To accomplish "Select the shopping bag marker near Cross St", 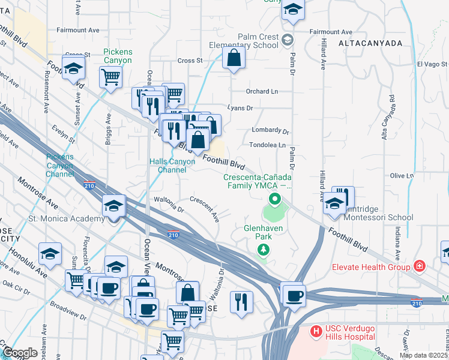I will [234, 59].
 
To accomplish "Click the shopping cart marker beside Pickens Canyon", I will [110, 77].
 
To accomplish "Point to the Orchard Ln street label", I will [262, 92].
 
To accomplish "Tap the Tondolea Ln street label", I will [267, 145].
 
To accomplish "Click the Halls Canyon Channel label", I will [172, 166].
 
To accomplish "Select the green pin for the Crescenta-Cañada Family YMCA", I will [275, 199].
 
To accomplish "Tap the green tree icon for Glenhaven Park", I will [262, 250].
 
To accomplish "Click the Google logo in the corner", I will [20, 352].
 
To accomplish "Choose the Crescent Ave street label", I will [205, 207].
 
